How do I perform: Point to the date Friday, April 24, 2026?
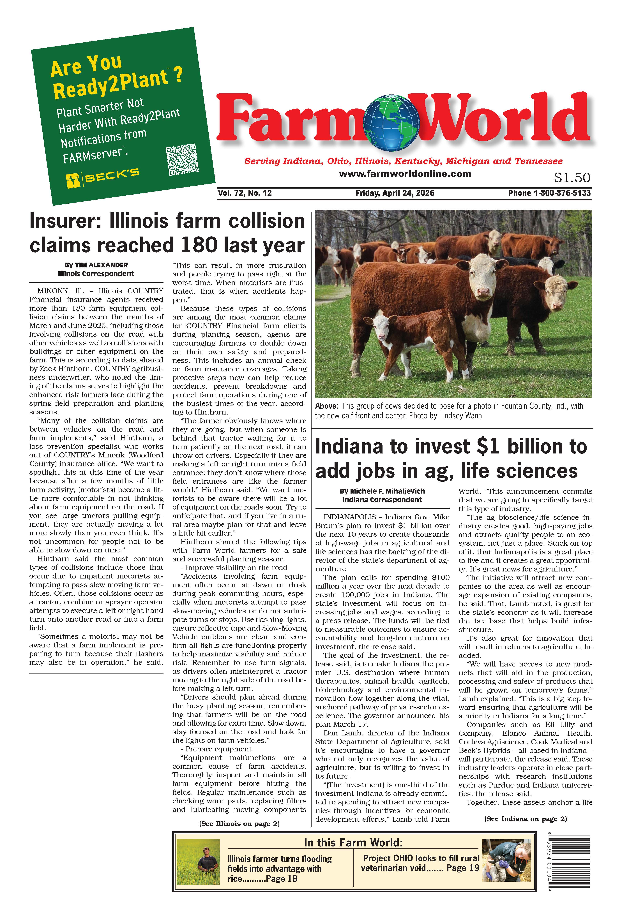point(395,193)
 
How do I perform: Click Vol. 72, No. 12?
point(245,193)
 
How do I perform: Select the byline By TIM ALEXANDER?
point(96,265)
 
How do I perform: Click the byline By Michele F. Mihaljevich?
point(382,491)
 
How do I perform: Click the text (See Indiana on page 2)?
point(525,819)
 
